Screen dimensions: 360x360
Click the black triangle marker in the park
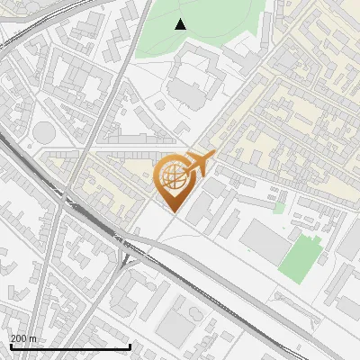point(181,24)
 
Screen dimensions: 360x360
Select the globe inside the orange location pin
point(172,179)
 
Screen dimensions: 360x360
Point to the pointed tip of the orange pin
point(172,212)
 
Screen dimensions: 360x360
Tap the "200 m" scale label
point(24,337)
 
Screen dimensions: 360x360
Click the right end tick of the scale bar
point(130,346)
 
